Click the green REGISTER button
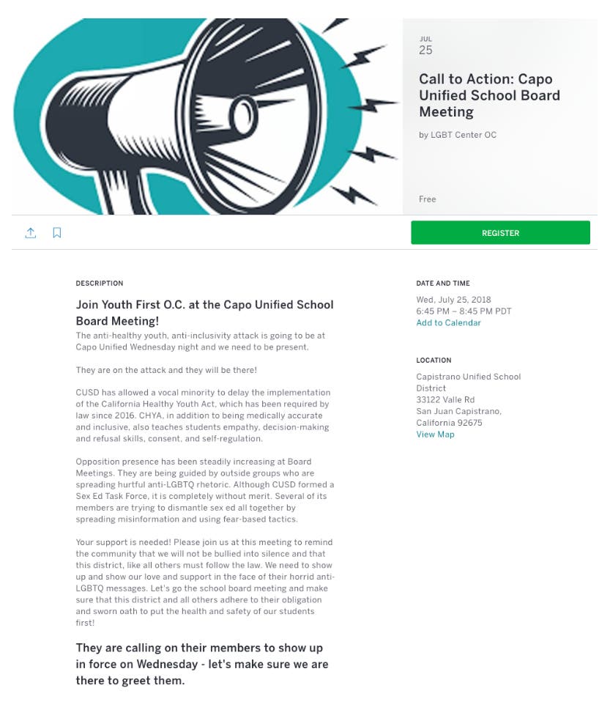(x=500, y=233)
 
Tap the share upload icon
(x=31, y=233)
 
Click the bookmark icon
(x=57, y=233)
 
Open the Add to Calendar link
(x=448, y=323)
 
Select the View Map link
(x=435, y=434)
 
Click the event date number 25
(x=425, y=51)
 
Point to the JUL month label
(x=425, y=39)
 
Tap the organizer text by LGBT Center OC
(x=458, y=135)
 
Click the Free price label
(x=427, y=199)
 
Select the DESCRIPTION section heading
(x=100, y=284)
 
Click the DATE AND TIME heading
(x=443, y=284)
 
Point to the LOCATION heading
(x=434, y=360)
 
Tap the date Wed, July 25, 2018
(x=453, y=300)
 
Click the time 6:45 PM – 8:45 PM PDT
(x=464, y=311)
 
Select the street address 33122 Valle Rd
(x=445, y=400)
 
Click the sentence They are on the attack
(x=166, y=370)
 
